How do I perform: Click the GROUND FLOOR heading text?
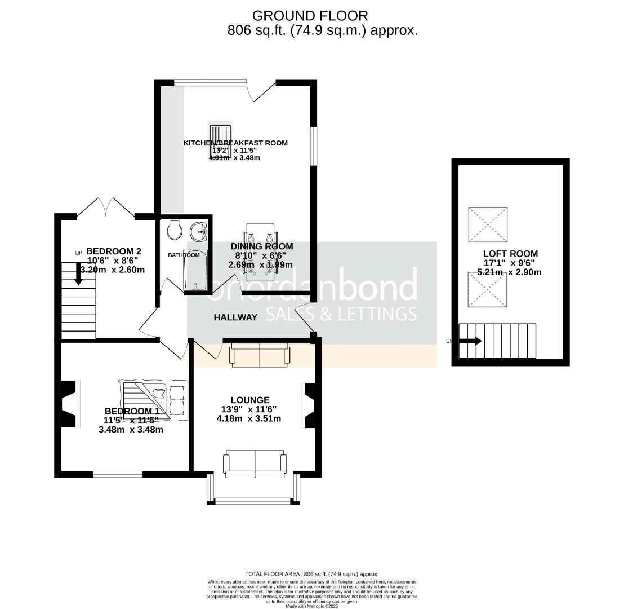click(x=310, y=15)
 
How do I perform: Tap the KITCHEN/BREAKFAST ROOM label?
click(x=235, y=143)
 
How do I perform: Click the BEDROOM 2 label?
click(x=113, y=251)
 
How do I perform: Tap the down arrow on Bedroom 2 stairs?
click(x=79, y=273)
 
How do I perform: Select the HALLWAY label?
click(x=235, y=317)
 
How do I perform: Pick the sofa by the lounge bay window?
click(x=255, y=464)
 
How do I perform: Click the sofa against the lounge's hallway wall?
click(x=259, y=355)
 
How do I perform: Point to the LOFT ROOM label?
click(x=510, y=254)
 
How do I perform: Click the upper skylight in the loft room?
click(x=487, y=224)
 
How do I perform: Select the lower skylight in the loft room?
click(x=487, y=290)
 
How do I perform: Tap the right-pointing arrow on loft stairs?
click(x=470, y=341)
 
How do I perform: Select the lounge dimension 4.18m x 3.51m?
click(x=248, y=418)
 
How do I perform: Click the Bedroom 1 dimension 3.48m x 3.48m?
click(x=131, y=430)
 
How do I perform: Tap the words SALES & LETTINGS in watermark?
click(x=341, y=314)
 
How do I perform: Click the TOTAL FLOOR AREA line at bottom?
click(x=311, y=573)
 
